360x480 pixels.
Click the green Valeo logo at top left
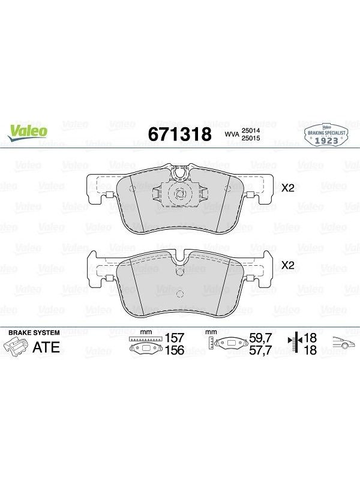coord(28,133)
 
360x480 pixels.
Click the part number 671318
coord(179,134)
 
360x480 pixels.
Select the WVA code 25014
coord(251,130)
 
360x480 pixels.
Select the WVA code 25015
coord(251,138)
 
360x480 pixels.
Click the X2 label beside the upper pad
coord(287,188)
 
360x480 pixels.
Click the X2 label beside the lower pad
coord(287,265)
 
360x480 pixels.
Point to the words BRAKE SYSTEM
coord(34,332)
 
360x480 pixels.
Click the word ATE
coord(46,347)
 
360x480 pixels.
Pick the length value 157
coord(175,338)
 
